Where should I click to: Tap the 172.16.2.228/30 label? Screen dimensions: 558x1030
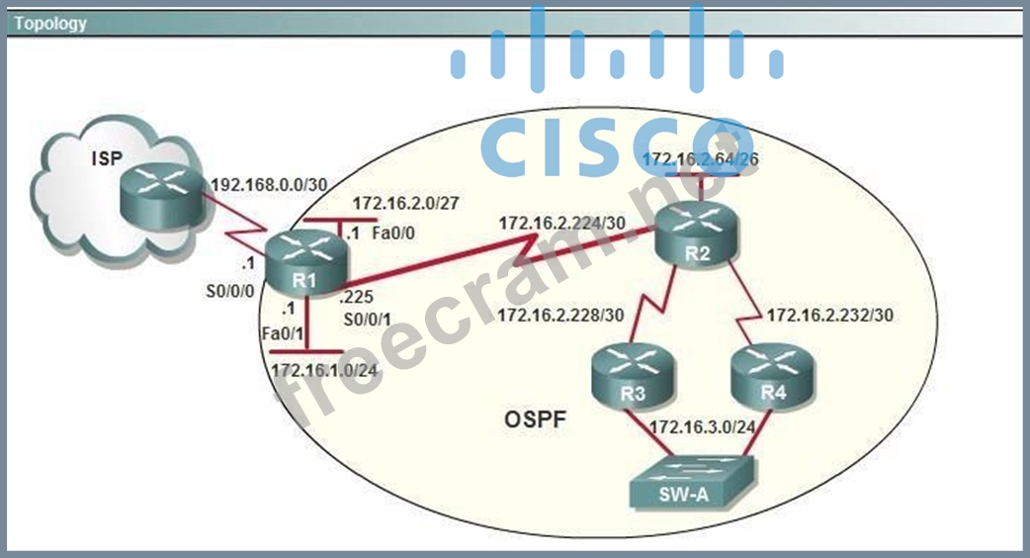point(560,316)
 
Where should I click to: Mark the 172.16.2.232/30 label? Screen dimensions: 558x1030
point(830,316)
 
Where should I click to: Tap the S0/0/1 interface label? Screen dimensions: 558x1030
point(367,319)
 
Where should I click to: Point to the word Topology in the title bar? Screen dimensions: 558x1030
point(49,23)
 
